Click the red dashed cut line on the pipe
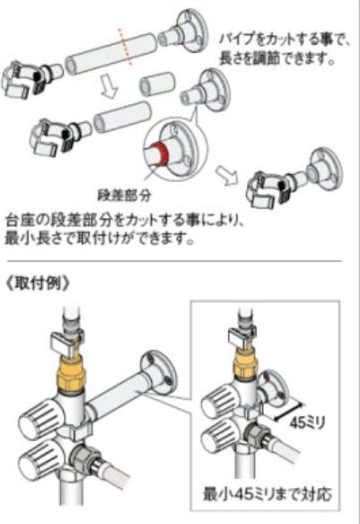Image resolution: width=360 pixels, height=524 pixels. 126,47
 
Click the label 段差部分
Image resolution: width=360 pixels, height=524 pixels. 124,196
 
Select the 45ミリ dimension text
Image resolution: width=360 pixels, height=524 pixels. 307,424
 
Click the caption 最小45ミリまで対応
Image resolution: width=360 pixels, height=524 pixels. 268,494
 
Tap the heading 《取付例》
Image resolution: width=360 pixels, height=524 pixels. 38,284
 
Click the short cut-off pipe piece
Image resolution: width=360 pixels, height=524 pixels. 157,83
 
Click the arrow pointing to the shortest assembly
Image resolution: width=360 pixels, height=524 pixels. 227,174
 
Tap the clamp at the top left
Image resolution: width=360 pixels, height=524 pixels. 23,80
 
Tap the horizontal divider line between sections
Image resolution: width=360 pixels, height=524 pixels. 175,261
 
